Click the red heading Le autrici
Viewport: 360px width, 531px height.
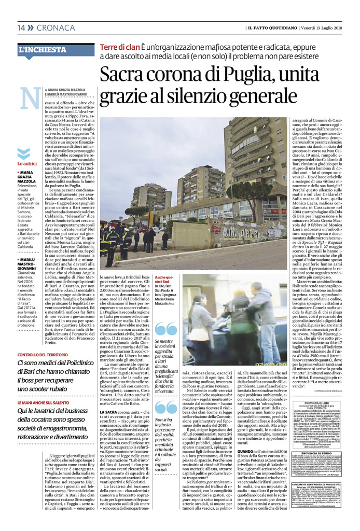[28, 163]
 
